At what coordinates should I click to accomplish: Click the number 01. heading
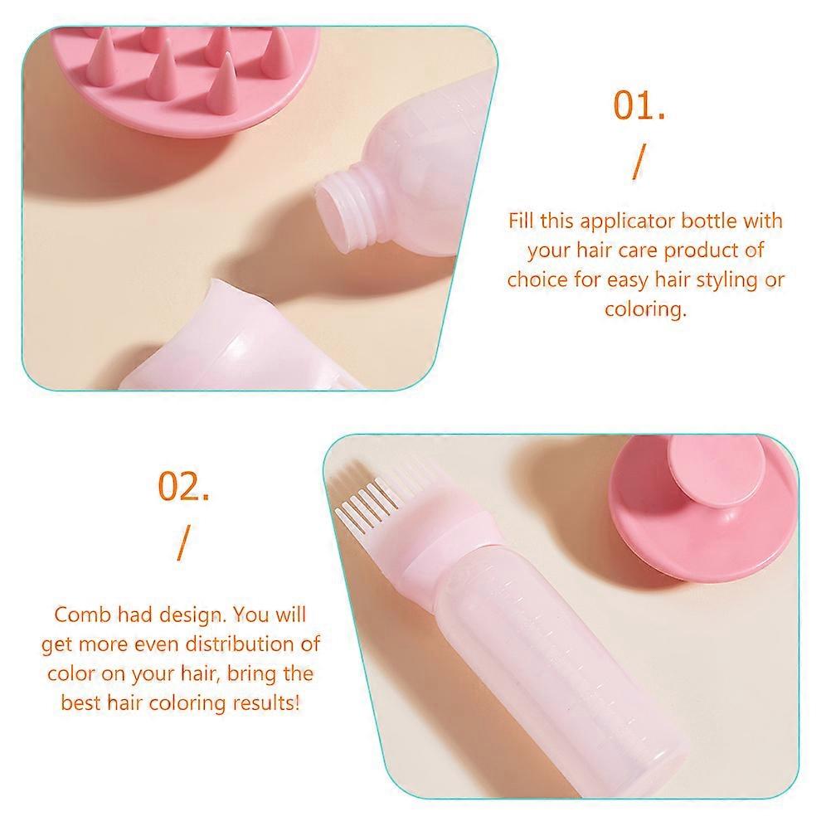click(639, 105)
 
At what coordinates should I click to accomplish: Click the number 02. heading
click(183, 486)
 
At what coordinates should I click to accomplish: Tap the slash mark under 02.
click(183, 543)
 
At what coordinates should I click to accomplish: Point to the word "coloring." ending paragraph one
click(645, 309)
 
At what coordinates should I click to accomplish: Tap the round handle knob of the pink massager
click(708, 475)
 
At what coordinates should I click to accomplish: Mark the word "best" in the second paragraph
click(81, 702)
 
